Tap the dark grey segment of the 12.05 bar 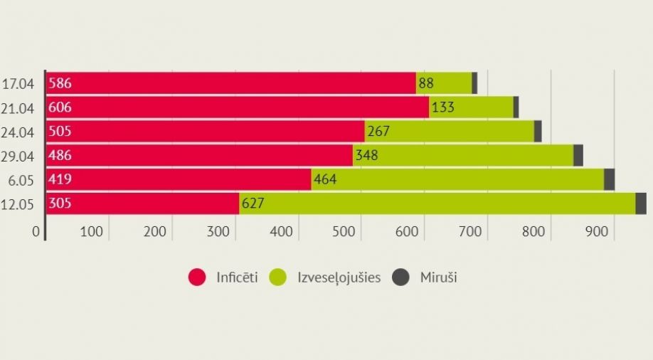tap(641, 203)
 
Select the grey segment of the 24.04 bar tap(538, 131)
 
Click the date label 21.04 tap(18, 107)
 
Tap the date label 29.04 tap(18, 156)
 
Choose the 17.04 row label tap(18, 84)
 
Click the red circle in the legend tap(197, 277)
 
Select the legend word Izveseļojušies tap(339, 277)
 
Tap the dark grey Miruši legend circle tap(403, 277)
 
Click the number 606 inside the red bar tap(60, 107)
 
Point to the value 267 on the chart tap(379, 132)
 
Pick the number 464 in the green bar tap(325, 179)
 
